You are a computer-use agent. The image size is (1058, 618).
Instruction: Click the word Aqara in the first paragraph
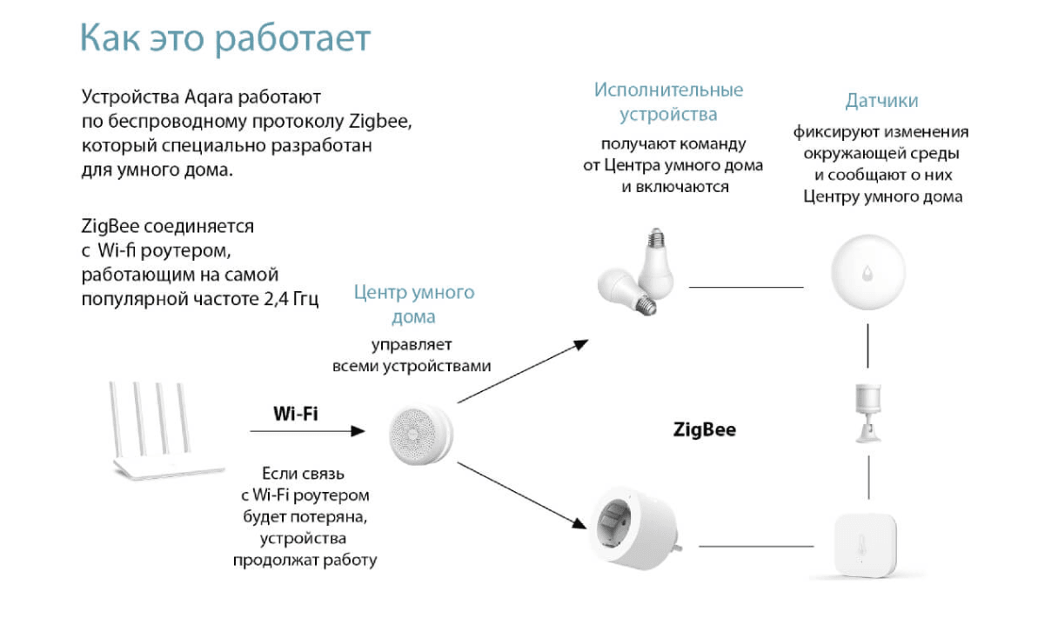click(208, 97)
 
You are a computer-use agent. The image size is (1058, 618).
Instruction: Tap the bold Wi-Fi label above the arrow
click(296, 414)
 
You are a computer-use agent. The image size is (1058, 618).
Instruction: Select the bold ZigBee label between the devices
click(704, 429)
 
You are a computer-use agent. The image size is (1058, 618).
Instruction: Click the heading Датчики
click(881, 101)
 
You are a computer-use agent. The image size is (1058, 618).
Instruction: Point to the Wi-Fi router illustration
click(166, 431)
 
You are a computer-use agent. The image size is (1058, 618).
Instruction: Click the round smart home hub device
click(420, 435)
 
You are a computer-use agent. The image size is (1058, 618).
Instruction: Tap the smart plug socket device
click(636, 528)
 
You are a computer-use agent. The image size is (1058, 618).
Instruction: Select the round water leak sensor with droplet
click(868, 272)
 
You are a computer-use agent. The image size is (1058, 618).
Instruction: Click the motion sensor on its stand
click(868, 413)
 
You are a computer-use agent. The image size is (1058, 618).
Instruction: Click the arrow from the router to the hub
click(307, 431)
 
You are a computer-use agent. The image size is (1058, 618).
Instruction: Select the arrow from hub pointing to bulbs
click(523, 371)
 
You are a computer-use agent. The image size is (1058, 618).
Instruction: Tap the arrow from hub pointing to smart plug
click(522, 495)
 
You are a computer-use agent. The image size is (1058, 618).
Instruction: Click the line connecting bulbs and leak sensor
click(747, 287)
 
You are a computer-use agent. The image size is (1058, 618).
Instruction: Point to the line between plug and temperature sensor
click(756, 547)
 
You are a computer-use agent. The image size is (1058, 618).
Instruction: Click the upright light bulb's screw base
click(655, 237)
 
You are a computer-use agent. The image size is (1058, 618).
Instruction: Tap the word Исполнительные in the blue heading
click(668, 90)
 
